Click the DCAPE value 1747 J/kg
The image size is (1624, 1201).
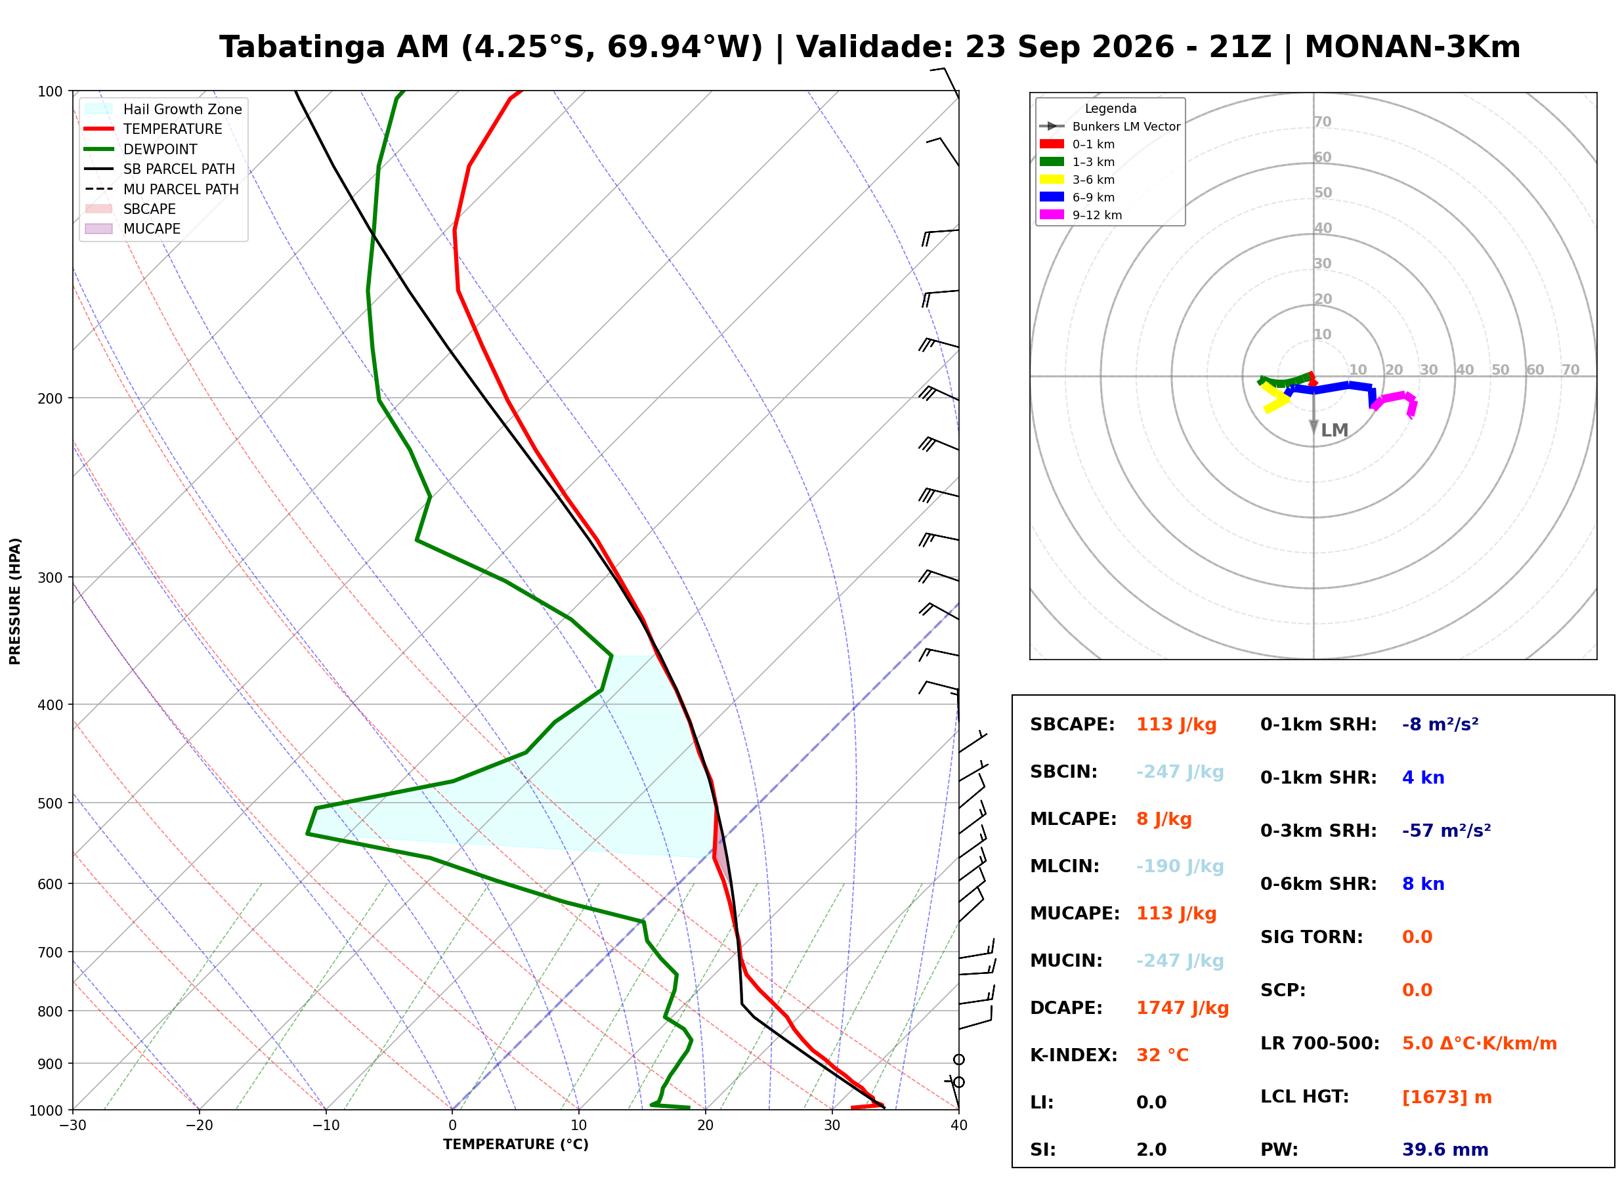click(x=1183, y=1008)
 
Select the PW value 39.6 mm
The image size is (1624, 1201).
click(x=1445, y=1150)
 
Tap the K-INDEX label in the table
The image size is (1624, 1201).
click(x=1074, y=1055)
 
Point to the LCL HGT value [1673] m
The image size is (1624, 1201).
click(x=1447, y=1098)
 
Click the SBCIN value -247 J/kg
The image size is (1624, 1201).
click(x=1180, y=772)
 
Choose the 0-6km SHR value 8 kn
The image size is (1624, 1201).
click(x=1423, y=885)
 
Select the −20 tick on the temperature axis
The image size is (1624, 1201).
click(x=199, y=1126)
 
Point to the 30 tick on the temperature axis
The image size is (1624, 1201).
click(x=832, y=1126)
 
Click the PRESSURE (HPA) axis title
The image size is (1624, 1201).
click(x=14, y=601)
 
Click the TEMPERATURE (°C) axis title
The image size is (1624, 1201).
click(x=516, y=1145)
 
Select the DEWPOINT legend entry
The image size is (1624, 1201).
click(x=140, y=149)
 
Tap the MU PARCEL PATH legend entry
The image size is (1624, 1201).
click(x=161, y=189)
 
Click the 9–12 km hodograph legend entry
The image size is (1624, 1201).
click(x=1081, y=215)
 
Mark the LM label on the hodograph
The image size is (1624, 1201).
click(x=1335, y=431)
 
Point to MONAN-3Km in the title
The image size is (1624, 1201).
click(x=1413, y=47)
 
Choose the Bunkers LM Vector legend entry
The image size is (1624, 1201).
click(x=1110, y=127)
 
